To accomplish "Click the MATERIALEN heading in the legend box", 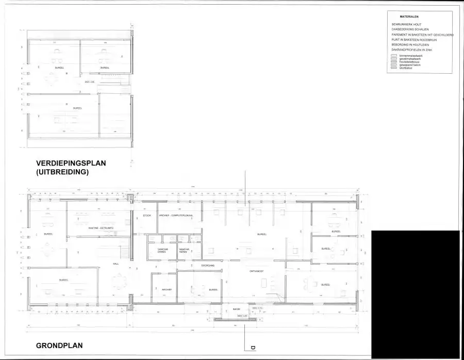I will coord(409,17).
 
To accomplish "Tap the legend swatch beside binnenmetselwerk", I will coord(394,55).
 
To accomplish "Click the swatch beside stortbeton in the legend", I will coord(394,68).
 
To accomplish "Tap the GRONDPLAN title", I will coord(59,345).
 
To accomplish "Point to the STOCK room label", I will coord(146,215).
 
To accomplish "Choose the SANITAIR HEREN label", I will coord(184,251).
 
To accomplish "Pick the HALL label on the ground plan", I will coord(116,264).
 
